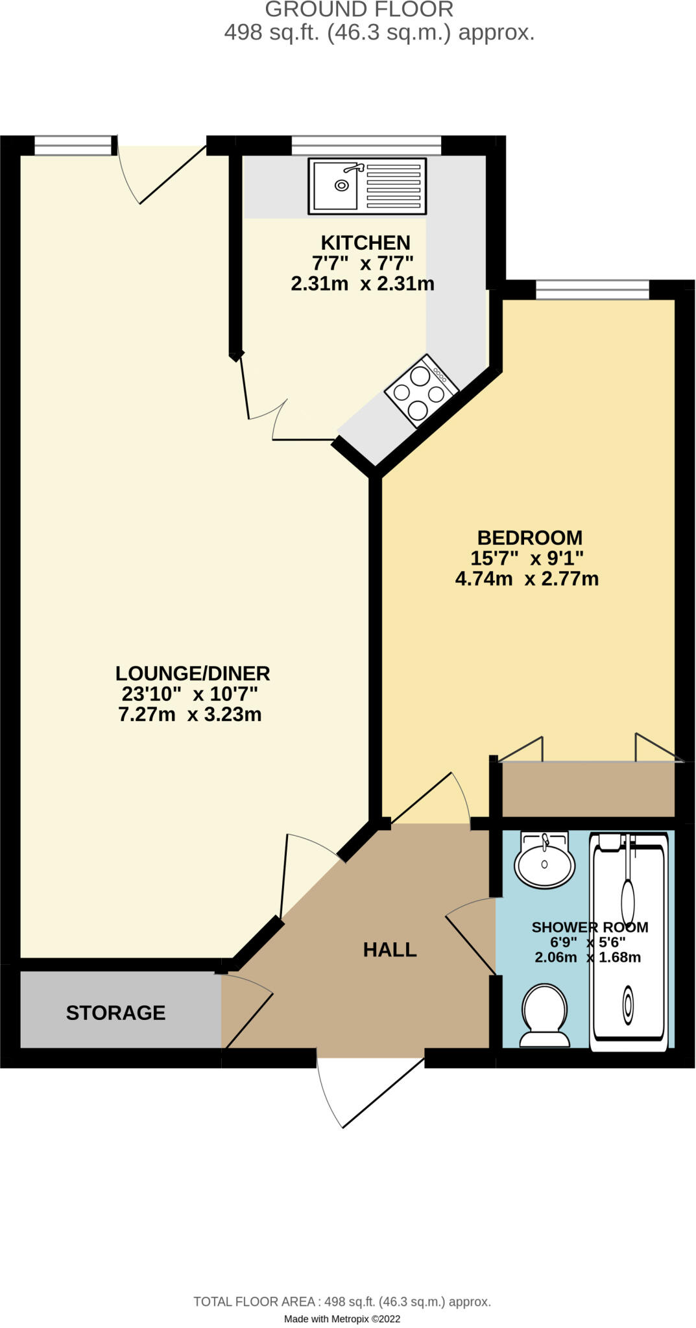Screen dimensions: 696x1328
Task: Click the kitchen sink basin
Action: (x=335, y=185)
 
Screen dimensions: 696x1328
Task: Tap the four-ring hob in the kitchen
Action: (x=422, y=391)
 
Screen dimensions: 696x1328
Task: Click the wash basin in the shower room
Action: (x=544, y=860)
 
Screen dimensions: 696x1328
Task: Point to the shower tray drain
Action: (x=628, y=1004)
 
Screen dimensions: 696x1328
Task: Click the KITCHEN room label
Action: (x=366, y=243)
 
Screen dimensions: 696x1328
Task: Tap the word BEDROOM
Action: (x=530, y=538)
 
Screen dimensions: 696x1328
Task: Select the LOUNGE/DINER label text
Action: (x=193, y=673)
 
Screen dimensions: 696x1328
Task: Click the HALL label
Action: (x=390, y=949)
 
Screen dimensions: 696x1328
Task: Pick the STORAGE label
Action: (x=116, y=1013)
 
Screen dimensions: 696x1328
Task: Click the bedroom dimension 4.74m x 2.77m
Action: (x=527, y=578)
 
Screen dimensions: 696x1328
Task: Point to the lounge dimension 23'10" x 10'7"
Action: (x=190, y=694)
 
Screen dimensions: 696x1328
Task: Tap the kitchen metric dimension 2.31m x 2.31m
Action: (x=363, y=283)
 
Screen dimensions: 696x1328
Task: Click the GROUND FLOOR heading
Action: (x=359, y=10)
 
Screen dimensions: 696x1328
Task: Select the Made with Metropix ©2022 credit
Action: (x=342, y=1319)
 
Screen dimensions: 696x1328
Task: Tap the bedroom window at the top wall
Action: (x=592, y=289)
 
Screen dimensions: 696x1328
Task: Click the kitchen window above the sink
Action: (x=366, y=145)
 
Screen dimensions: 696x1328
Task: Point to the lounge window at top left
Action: (x=73, y=145)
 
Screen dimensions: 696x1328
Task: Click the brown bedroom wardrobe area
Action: (x=589, y=789)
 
